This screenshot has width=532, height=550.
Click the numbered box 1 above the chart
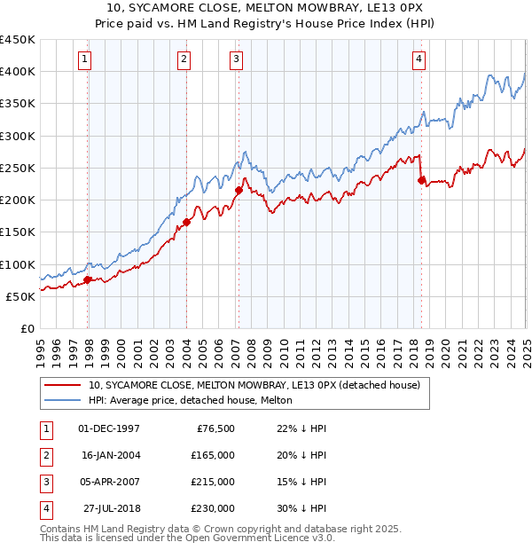[84, 59]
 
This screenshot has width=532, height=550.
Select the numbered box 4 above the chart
[419, 59]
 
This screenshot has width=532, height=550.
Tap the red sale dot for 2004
[187, 223]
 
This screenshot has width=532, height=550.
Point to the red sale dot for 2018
[421, 180]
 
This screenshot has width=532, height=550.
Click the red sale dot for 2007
[239, 191]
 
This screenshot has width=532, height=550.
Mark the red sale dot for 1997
[88, 279]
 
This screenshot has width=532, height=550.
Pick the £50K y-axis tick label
[21, 296]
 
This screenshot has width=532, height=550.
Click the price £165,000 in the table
[214, 455]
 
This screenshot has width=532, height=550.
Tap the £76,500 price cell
[216, 428]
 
